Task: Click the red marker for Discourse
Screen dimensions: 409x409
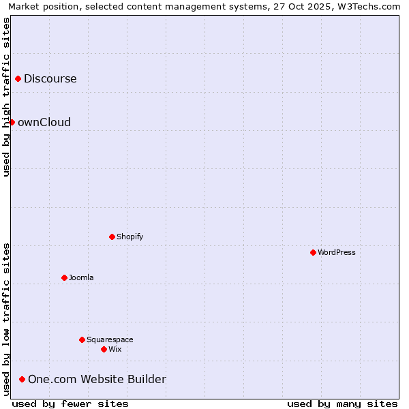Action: pos(18,78)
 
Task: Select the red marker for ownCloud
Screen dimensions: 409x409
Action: pos(12,122)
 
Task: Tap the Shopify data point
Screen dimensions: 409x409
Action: pos(112,237)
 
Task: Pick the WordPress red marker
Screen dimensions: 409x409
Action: pos(313,252)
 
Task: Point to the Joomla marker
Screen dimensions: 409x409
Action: pos(64,277)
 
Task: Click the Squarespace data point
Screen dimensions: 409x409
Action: pos(82,339)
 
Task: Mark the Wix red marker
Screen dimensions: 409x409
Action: pos(104,349)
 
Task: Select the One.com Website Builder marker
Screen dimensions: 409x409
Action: pos(22,379)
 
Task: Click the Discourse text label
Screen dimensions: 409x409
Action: pos(50,78)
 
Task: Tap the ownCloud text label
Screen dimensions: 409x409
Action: pos(44,123)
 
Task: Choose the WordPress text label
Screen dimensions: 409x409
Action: pos(337,252)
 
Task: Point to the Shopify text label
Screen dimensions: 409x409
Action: pos(130,237)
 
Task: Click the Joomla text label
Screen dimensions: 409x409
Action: pos(81,277)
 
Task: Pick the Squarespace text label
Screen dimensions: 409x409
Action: pos(110,339)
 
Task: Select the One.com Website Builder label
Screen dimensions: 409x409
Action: pos(97,380)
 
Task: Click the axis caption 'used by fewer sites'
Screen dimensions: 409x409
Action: pos(70,404)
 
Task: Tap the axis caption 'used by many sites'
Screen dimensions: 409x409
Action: pos(342,404)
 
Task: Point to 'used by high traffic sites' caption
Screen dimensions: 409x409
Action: pos(6,97)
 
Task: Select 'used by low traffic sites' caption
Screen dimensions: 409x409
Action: pos(6,319)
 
